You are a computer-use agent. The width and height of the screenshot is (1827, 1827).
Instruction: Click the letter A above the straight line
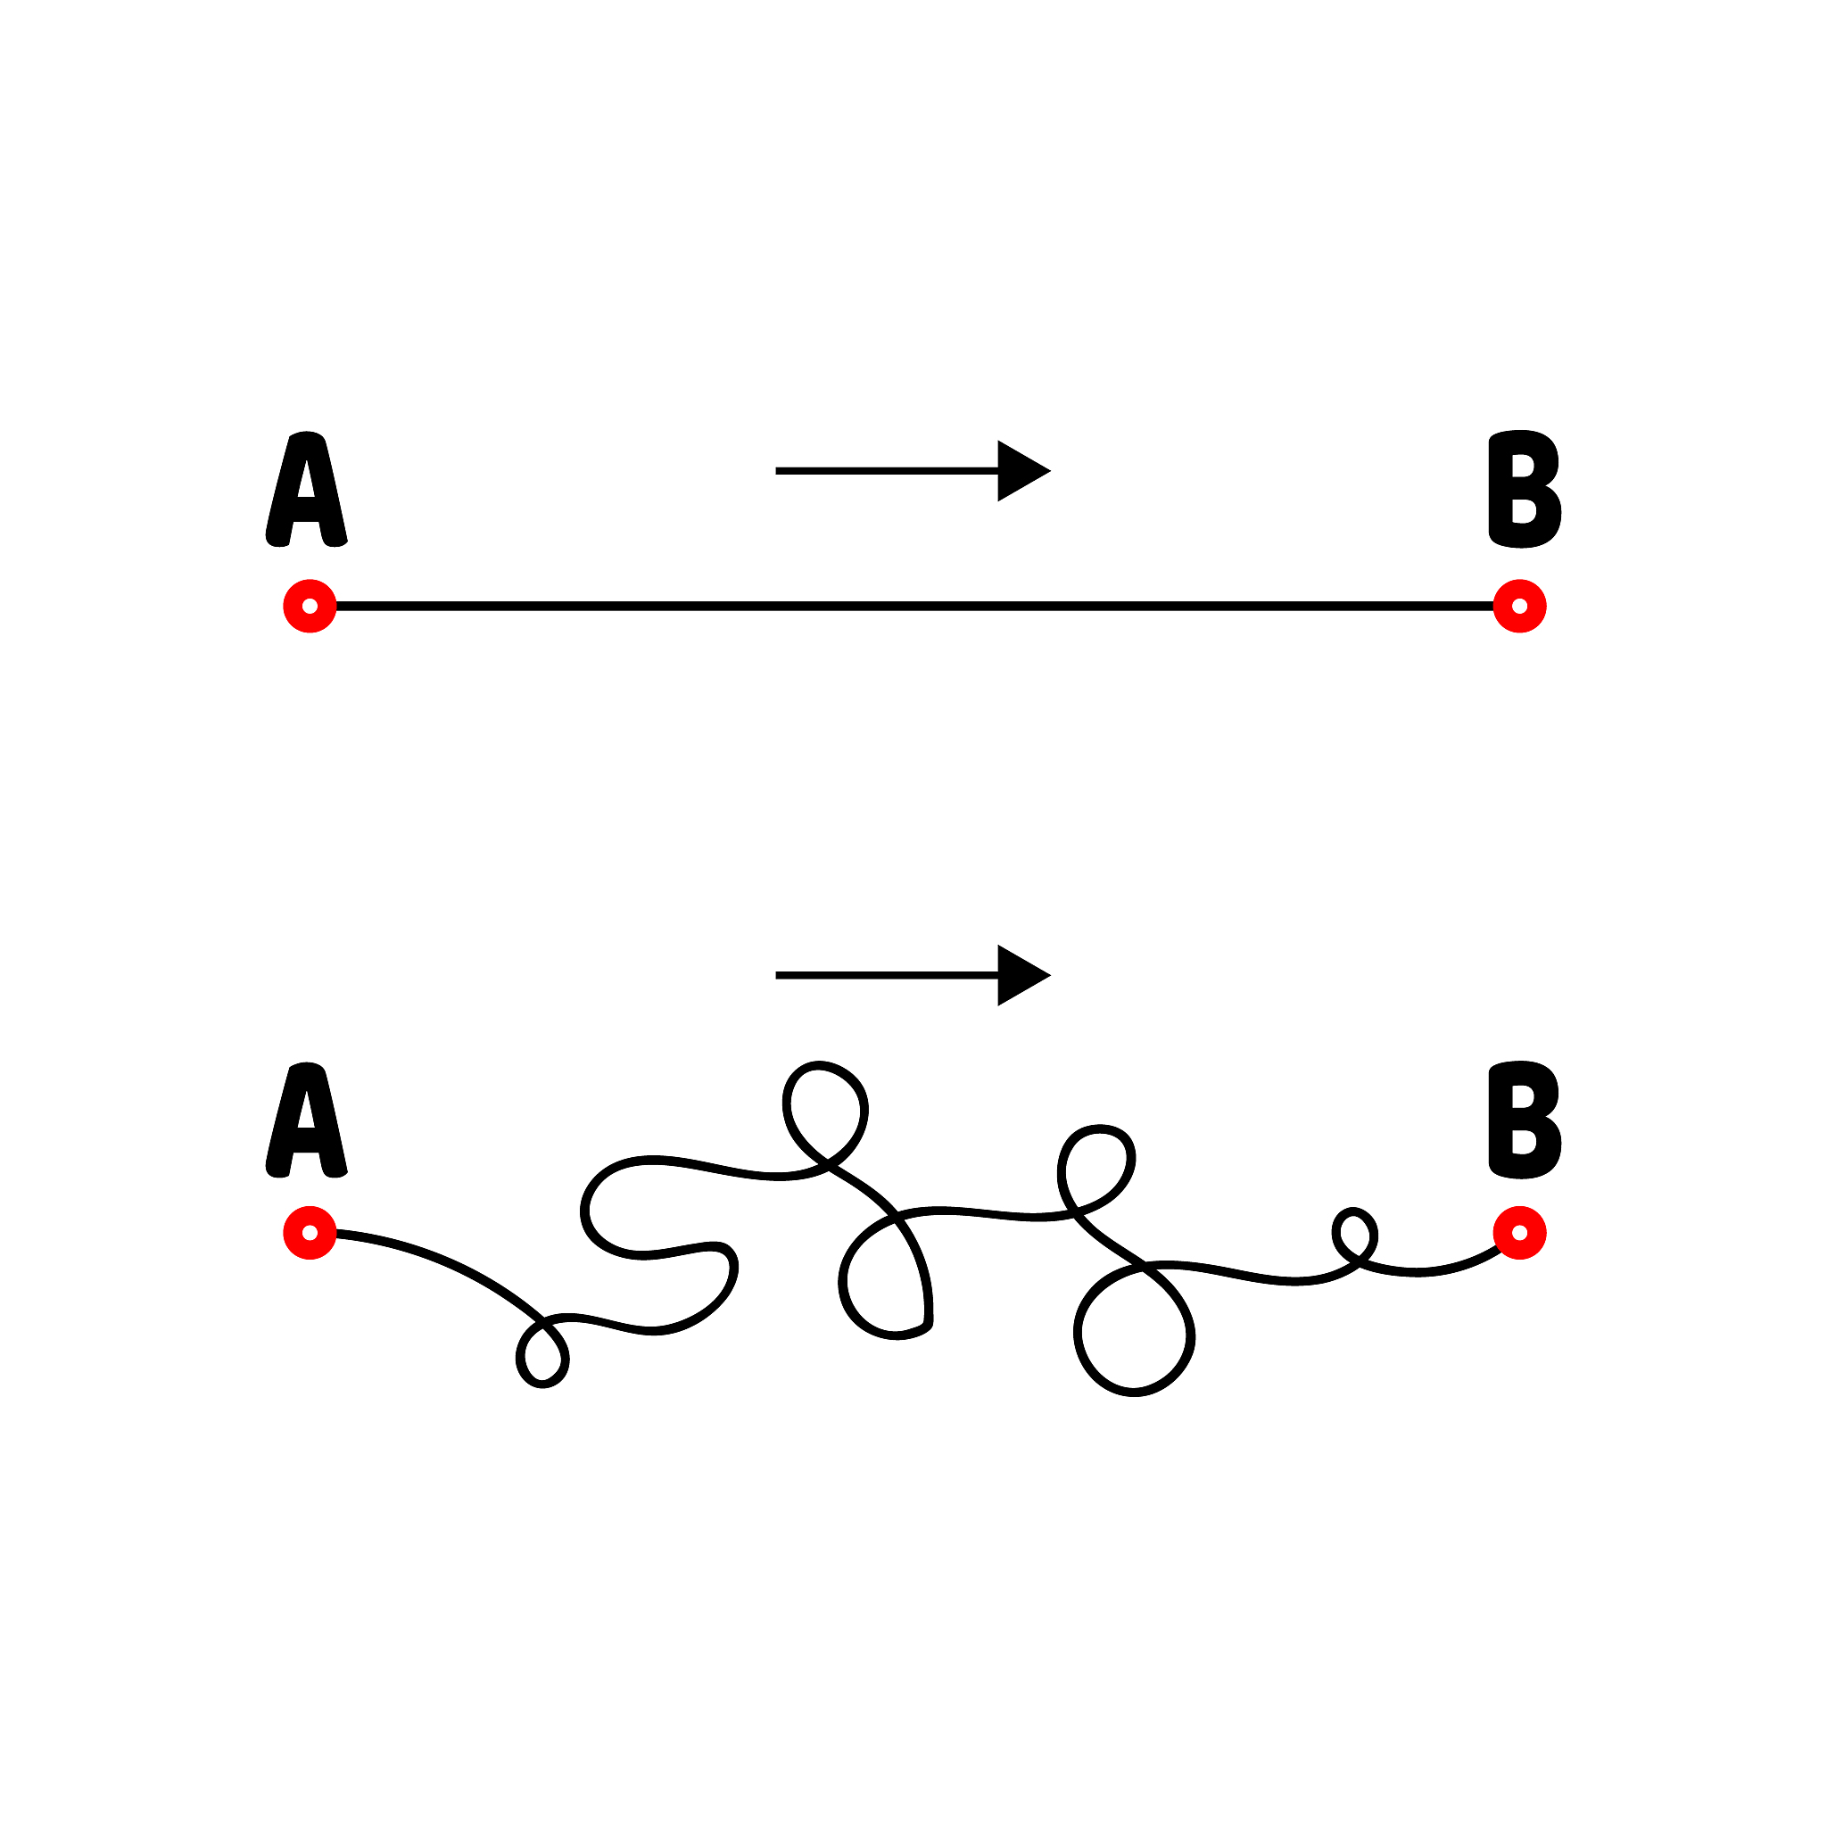[x=306, y=489]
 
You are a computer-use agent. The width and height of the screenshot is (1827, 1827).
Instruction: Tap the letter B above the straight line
[x=1525, y=489]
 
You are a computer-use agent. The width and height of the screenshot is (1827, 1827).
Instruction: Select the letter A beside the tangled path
[x=306, y=1120]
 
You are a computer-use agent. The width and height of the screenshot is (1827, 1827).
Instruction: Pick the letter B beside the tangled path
[x=1525, y=1120]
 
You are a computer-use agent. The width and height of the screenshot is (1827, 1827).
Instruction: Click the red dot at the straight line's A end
[x=310, y=606]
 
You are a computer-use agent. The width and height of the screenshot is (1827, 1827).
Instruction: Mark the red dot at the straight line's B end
[x=1519, y=606]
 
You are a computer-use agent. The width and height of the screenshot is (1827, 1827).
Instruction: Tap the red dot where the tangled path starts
[x=310, y=1233]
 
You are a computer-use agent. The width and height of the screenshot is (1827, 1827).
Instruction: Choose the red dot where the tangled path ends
[x=1519, y=1233]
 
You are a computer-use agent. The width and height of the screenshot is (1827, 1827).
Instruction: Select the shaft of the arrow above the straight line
[x=887, y=471]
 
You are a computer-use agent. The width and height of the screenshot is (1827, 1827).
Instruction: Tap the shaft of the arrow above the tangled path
[x=887, y=975]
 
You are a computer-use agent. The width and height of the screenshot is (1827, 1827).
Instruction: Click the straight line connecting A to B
[x=914, y=606]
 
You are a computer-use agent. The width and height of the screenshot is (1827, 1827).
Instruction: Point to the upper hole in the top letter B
[x=1522, y=467]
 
